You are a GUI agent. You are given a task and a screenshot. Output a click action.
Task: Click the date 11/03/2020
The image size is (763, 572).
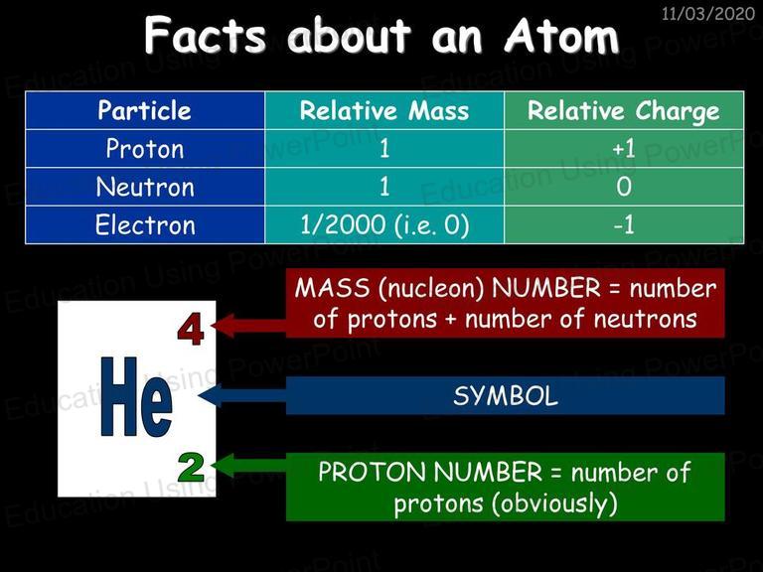click(708, 13)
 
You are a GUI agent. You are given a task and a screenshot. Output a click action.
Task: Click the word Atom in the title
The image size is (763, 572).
click(561, 36)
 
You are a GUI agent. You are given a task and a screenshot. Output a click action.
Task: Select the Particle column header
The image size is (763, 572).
click(144, 110)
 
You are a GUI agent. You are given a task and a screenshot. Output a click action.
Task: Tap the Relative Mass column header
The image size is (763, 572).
click(384, 110)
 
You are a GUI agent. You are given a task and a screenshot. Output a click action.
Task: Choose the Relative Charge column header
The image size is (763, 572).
click(624, 110)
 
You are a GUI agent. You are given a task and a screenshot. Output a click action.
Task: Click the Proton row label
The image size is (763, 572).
click(145, 148)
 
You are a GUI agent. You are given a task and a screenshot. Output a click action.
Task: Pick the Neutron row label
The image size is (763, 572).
click(145, 187)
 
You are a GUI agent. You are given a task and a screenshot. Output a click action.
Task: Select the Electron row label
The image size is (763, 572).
click(145, 224)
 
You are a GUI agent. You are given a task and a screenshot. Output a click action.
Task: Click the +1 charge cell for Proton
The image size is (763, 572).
click(624, 148)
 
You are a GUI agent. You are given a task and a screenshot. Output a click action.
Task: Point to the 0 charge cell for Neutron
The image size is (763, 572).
click(624, 187)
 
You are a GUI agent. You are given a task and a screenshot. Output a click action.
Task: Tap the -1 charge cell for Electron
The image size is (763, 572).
click(624, 224)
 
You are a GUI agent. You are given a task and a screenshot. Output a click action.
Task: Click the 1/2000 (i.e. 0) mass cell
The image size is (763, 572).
click(384, 224)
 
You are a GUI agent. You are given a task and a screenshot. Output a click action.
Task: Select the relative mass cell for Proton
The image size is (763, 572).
click(384, 148)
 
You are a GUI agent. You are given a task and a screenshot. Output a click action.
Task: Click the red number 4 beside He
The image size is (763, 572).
click(191, 331)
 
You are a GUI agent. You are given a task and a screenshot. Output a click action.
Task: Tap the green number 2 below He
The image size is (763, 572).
click(191, 467)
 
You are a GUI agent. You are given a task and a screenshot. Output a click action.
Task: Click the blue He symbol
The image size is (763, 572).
click(136, 396)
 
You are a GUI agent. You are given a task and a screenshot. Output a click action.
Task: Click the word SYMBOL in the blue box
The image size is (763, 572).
click(505, 396)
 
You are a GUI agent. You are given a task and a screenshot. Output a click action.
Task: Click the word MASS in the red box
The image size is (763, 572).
click(333, 287)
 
